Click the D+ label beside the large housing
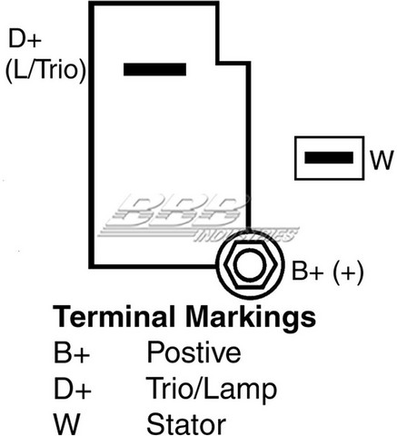pos(25,38)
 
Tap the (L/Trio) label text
pos(45,70)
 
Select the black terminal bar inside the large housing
pos(154,69)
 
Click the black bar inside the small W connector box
pos(329,158)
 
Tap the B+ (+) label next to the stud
pos(327,271)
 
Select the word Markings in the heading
pos(251,318)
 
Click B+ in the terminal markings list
pos(72,352)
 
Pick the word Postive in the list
pos(194,352)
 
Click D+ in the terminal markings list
pos(73,389)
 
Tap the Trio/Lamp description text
pos(212,390)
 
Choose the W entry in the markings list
pos(66,424)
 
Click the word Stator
pos(186,424)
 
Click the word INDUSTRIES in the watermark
pos(246,235)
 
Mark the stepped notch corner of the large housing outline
pos(218,63)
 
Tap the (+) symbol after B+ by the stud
pos(348,272)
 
